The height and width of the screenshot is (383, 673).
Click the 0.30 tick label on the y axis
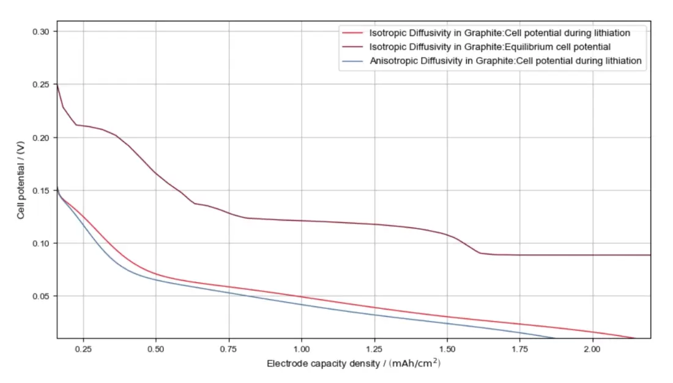(40, 31)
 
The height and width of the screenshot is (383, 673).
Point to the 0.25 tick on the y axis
(40, 84)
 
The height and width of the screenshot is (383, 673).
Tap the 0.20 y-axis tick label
(40, 137)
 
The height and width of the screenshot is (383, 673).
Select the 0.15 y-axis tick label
(40, 190)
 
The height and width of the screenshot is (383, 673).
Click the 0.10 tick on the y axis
(40, 243)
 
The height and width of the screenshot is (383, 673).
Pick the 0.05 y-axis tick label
(40, 296)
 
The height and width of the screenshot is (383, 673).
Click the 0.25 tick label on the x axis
(83, 348)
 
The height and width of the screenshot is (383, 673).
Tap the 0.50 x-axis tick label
(156, 348)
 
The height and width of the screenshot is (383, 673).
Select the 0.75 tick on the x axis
(229, 348)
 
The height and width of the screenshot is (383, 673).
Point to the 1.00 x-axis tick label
(302, 348)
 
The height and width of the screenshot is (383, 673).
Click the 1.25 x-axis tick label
(374, 348)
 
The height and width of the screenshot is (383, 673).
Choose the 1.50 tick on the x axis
(447, 348)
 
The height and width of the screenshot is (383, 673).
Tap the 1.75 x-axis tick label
(519, 348)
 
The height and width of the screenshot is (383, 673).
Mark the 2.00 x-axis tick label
(592, 348)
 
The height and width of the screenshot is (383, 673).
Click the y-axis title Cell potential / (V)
(21, 179)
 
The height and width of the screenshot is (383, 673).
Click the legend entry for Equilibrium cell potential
(490, 47)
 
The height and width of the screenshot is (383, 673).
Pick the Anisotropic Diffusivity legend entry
(505, 61)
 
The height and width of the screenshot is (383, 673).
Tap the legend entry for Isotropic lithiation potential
(499, 32)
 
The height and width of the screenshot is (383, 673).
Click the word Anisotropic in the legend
(393, 61)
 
